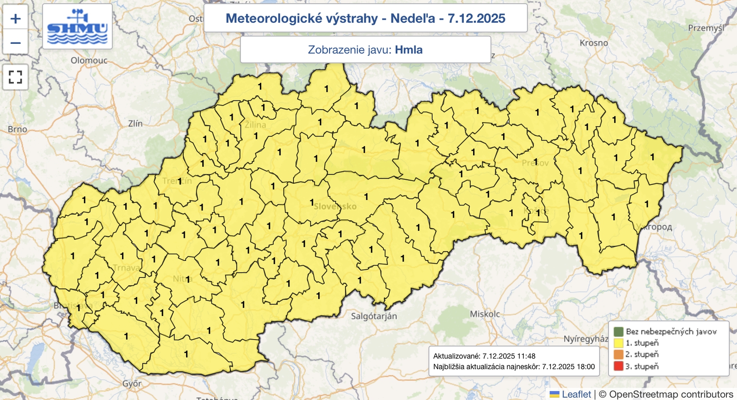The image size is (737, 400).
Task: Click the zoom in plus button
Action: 16,19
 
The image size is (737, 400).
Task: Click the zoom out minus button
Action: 16,43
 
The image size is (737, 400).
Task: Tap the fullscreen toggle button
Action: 16,77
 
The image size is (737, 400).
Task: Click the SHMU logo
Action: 77,27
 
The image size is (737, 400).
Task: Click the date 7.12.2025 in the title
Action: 476,18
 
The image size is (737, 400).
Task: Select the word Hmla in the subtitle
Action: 409,50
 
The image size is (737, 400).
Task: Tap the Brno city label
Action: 18,129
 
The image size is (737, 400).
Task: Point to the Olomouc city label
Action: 89,60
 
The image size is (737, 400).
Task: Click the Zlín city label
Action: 135,124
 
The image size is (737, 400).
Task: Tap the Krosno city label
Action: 594,43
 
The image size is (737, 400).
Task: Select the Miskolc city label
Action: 485,314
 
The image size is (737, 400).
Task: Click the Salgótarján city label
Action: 374,316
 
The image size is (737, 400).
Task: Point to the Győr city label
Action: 132,383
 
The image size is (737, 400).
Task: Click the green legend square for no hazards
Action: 619,331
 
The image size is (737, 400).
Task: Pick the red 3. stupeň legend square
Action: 619,366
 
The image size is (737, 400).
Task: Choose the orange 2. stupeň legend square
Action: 619,354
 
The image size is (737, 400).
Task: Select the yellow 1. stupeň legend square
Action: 619,343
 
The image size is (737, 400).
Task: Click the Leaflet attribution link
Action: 576,394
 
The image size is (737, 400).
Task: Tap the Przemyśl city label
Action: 706,28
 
